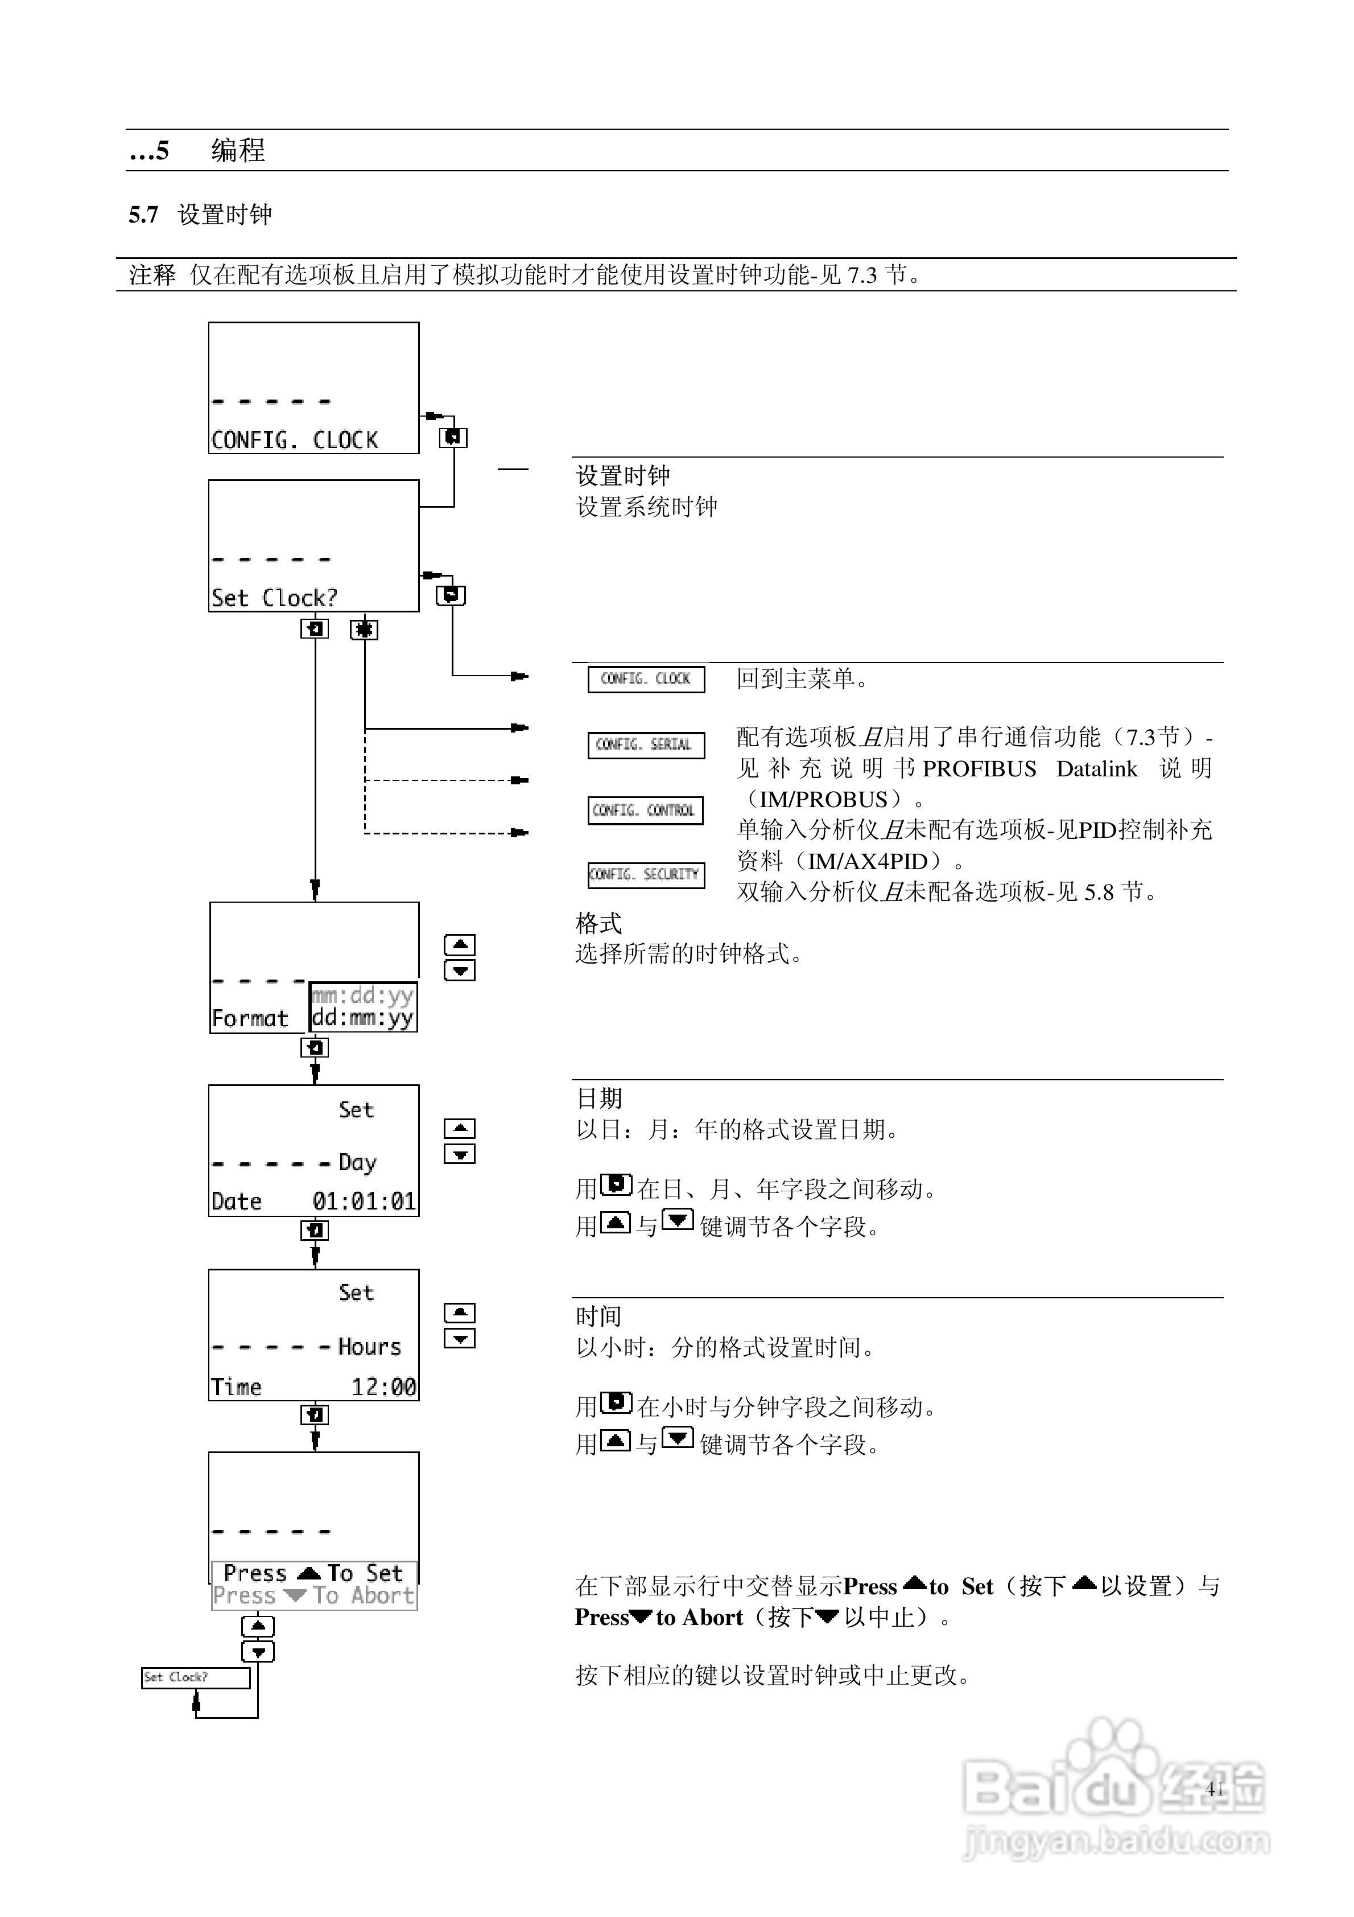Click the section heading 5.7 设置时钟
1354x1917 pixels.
coord(200,215)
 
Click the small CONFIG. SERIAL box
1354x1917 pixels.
coord(645,744)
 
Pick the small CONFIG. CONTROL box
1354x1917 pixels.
coord(645,810)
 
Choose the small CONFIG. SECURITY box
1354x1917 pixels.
coord(645,875)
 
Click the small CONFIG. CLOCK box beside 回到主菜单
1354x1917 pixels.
coord(645,679)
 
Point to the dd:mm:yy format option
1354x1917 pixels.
coord(362,1018)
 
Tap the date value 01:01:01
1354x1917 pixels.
coord(364,1202)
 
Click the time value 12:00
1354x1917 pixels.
coord(383,1387)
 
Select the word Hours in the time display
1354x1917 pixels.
coord(369,1347)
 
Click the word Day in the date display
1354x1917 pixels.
coord(357,1162)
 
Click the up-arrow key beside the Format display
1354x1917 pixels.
coord(459,944)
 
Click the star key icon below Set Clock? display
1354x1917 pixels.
coord(364,630)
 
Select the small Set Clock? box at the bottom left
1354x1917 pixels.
coord(195,1677)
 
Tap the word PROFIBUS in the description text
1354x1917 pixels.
coord(979,769)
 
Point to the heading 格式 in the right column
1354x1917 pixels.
coord(598,923)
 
